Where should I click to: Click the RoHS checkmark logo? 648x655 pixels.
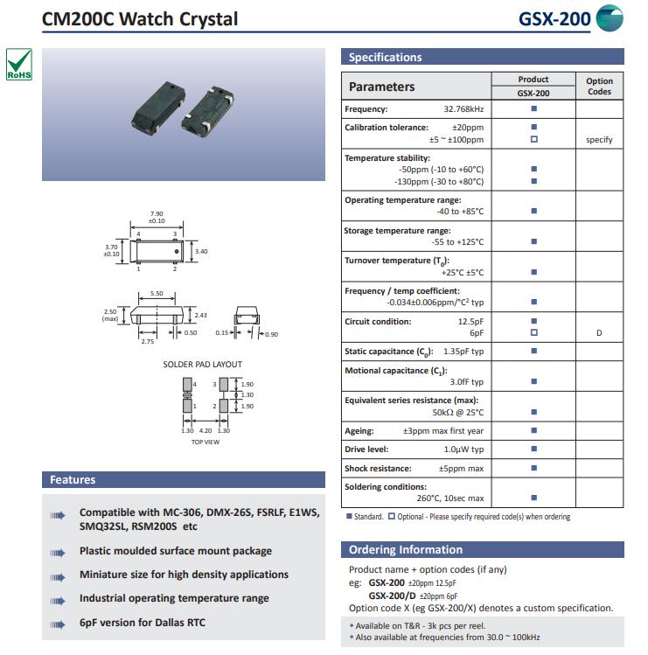click(19, 65)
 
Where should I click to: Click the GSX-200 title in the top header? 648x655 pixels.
click(554, 19)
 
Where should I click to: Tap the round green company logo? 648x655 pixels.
click(610, 18)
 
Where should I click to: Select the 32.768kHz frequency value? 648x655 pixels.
click(463, 109)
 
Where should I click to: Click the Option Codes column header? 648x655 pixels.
click(599, 86)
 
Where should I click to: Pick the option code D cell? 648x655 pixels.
click(599, 333)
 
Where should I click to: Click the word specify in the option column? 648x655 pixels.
click(599, 140)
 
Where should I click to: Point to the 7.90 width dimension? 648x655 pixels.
click(157, 213)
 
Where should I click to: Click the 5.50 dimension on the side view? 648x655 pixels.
click(157, 294)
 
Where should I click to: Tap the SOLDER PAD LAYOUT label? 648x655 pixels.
click(203, 364)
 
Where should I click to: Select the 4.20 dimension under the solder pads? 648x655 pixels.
click(206, 430)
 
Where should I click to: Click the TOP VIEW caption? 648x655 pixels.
click(206, 442)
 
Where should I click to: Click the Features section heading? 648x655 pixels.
click(73, 480)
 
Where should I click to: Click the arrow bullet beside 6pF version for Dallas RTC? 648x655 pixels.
click(58, 624)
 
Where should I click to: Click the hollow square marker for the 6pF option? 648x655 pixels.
click(533, 333)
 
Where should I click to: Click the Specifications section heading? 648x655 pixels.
click(385, 58)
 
